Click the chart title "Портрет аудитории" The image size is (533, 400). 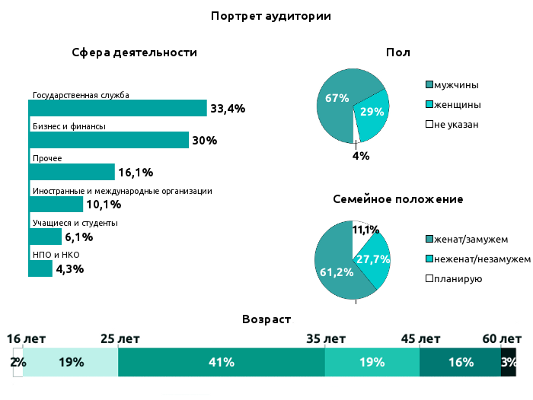(271, 15)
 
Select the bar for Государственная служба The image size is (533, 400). (118, 108)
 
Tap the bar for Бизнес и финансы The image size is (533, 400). (108, 140)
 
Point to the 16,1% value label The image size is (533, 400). (136, 173)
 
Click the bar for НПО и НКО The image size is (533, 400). (40, 268)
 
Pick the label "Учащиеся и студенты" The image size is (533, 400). (75, 223)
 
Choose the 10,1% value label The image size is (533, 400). (104, 205)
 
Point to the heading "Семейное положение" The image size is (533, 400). (398, 199)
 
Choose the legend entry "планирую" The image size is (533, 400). (458, 279)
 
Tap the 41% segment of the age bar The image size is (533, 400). (221, 363)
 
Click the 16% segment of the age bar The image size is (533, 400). (460, 363)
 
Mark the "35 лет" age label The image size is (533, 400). (325, 338)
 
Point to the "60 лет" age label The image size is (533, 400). (501, 338)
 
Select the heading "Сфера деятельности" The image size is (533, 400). (135, 52)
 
